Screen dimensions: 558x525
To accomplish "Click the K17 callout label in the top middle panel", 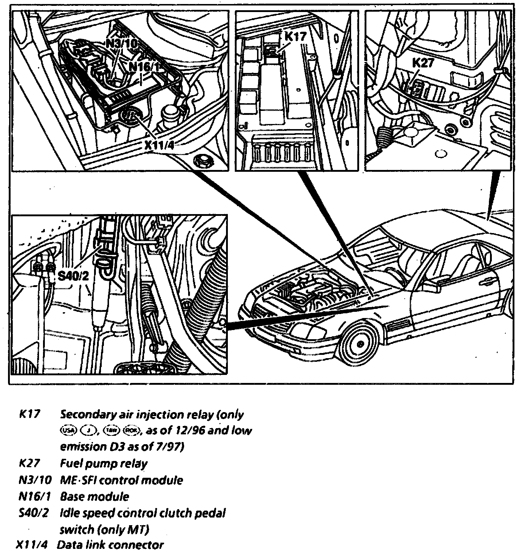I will [x=295, y=37].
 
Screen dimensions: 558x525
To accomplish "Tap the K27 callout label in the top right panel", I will [x=423, y=63].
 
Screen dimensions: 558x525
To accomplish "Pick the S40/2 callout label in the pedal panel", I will [x=73, y=276].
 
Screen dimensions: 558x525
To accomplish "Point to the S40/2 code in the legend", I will [x=33, y=513].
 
